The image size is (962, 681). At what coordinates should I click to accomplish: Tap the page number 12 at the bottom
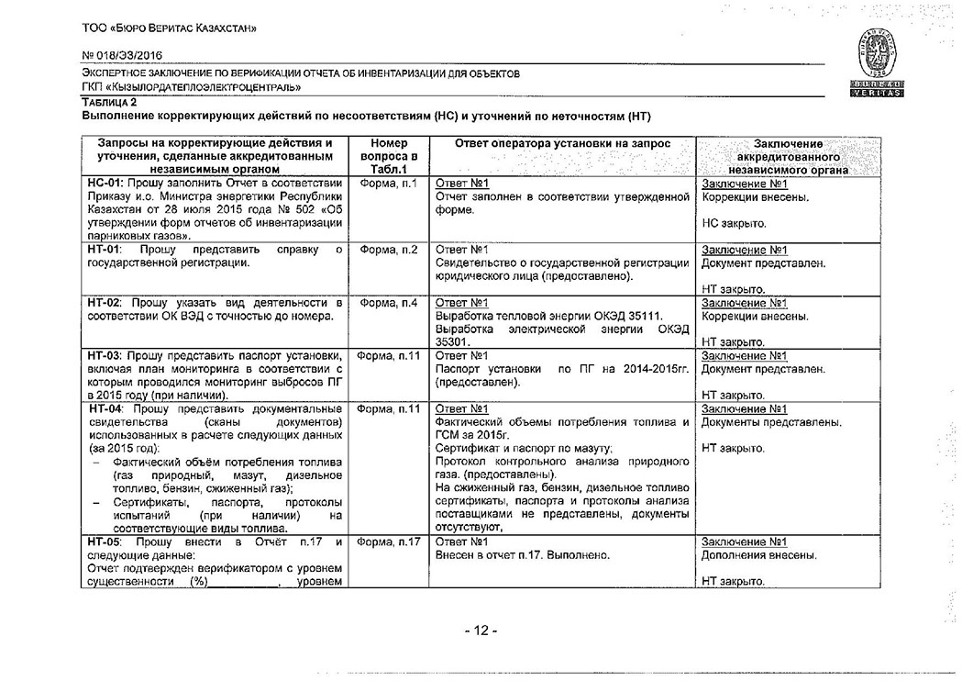[480, 631]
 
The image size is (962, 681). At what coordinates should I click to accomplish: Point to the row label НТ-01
[103, 250]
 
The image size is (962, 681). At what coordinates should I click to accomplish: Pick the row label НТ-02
[104, 303]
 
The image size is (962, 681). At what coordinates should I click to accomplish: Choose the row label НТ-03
[104, 355]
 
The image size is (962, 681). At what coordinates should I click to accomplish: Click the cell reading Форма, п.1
[389, 184]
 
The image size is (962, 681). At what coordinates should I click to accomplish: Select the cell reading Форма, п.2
[389, 250]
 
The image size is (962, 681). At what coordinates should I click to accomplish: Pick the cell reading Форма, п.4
[389, 303]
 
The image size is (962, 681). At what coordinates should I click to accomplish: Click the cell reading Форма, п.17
[389, 542]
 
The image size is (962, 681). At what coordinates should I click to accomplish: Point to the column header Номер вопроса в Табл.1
[389, 156]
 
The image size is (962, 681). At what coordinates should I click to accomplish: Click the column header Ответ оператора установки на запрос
[562, 144]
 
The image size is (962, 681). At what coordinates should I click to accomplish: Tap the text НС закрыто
[735, 223]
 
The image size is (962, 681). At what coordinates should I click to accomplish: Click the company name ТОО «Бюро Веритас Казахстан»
[169, 28]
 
